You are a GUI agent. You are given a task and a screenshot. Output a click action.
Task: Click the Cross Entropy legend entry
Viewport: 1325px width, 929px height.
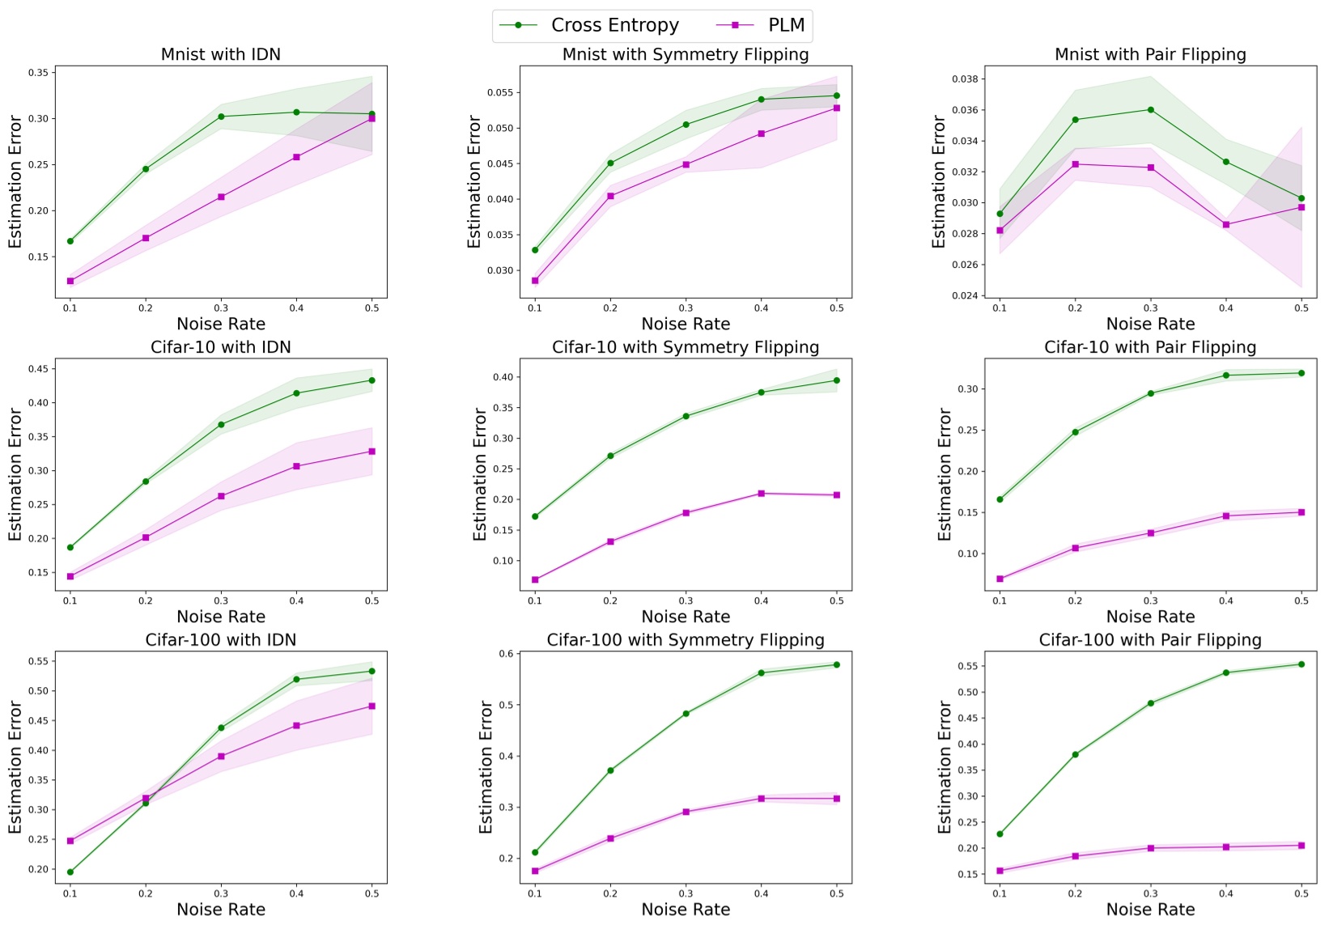[589, 25]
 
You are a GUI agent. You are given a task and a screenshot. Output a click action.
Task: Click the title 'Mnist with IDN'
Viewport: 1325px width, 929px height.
[220, 54]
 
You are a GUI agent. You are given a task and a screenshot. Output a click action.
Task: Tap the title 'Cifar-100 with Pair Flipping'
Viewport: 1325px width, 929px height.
[1149, 640]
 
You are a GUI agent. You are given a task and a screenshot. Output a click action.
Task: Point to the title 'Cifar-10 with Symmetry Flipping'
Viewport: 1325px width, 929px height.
[685, 347]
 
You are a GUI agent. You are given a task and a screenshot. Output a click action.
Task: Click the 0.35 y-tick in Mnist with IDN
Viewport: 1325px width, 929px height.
[38, 73]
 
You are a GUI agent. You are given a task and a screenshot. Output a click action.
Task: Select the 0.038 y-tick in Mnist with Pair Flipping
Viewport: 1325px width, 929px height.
[965, 79]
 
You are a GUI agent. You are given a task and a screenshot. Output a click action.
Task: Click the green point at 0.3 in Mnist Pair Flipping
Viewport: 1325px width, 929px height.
[1150, 110]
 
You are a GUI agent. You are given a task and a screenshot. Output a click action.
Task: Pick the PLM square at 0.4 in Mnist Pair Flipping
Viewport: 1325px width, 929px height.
[1225, 225]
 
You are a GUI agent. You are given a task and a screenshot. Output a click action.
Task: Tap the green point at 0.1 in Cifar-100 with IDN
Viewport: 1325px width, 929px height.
[70, 872]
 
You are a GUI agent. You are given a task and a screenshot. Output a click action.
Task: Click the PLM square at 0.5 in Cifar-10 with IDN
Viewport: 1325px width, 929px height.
[372, 452]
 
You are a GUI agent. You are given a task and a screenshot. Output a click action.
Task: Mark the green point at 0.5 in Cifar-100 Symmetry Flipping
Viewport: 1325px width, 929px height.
[836, 665]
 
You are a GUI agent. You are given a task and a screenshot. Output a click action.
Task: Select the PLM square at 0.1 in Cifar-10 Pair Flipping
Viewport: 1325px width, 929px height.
[1000, 579]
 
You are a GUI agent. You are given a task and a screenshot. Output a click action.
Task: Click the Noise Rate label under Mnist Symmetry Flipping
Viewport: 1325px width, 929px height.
[685, 324]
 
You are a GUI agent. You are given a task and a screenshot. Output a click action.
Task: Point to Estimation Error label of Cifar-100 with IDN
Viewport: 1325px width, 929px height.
[15, 767]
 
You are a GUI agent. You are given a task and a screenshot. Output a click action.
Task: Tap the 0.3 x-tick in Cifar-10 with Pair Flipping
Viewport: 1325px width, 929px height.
[1150, 601]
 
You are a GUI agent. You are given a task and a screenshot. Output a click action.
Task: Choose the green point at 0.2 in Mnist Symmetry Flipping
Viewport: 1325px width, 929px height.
[610, 163]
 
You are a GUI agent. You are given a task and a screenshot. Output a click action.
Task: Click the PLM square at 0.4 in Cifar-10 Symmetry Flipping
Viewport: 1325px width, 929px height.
[761, 494]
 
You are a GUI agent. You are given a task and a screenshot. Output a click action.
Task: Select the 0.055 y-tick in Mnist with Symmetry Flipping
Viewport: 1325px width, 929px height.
[499, 93]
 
